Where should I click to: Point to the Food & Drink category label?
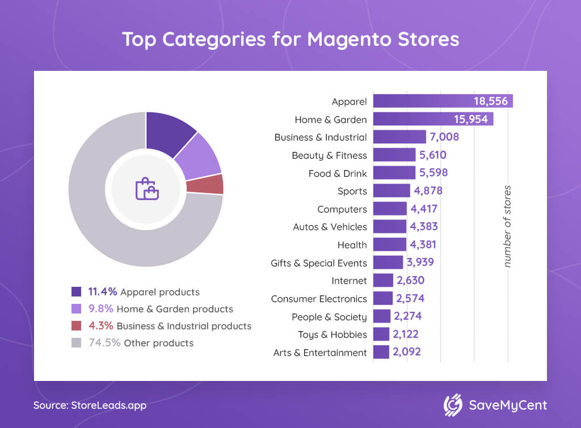coord(338,173)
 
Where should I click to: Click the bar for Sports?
coord(391,191)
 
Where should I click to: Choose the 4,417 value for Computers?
coord(424,209)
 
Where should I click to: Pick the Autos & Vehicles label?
coord(330,227)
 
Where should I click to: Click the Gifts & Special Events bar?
coord(388,262)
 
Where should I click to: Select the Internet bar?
coord(383,281)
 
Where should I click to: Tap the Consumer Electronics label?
coord(319,299)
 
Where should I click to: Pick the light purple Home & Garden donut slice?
coord(199,156)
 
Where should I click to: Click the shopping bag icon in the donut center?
coord(146,189)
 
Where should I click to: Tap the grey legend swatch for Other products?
coord(77,343)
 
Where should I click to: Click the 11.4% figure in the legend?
coord(103,292)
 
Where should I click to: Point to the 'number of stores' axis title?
coord(508,226)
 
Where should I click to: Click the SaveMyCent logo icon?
coord(453,405)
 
